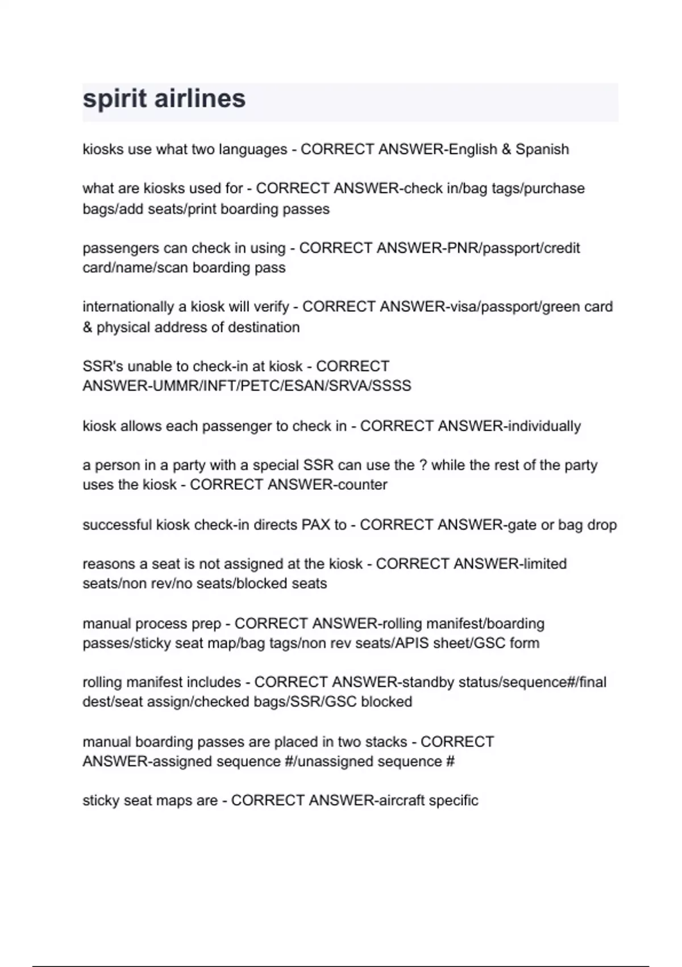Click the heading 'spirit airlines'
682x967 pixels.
(164, 99)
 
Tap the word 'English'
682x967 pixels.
(473, 150)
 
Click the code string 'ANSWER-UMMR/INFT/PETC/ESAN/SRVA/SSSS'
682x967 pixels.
(247, 386)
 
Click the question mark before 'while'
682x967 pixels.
(423, 465)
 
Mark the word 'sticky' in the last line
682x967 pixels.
(101, 801)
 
